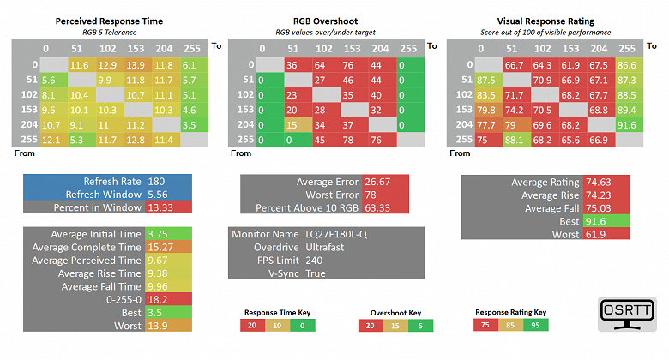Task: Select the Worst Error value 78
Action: pyautogui.click(x=370, y=195)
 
